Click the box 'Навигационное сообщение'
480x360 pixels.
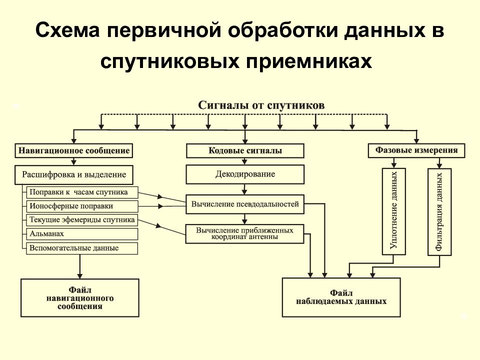click(74, 150)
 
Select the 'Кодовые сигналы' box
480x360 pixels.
click(245, 150)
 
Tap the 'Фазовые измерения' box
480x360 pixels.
click(416, 150)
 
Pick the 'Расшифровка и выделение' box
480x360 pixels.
click(74, 175)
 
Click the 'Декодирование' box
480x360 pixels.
click(245, 174)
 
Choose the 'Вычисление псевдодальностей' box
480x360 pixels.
click(245, 204)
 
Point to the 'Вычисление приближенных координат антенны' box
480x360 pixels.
click(244, 234)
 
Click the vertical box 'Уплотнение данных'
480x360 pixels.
click(394, 211)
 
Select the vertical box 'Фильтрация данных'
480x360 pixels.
click(439, 212)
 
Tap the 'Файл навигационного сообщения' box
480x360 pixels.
click(80, 298)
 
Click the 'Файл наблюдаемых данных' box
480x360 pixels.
click(341, 297)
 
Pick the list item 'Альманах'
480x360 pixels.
click(82, 234)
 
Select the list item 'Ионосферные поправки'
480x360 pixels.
click(82, 206)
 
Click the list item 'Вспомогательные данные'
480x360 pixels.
click(82, 248)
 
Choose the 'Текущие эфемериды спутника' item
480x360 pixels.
click(82, 220)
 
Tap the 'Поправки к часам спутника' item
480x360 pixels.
click(82, 192)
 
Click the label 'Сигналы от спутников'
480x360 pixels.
click(261, 105)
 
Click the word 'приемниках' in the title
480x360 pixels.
click(309, 61)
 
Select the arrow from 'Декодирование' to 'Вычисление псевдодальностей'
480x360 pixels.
click(244, 189)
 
